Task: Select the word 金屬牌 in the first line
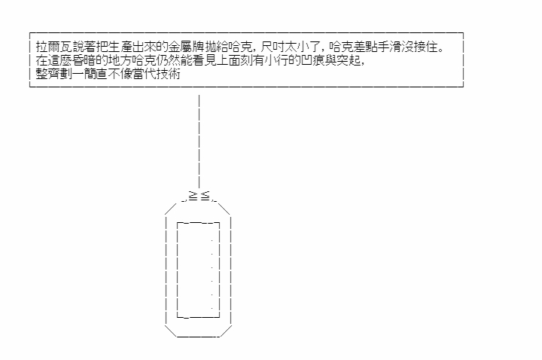[x=187, y=47]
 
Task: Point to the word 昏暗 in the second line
[x=84, y=60]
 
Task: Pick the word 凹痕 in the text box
[x=313, y=60]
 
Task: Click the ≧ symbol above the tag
[x=193, y=197]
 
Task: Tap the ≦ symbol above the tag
[x=205, y=197]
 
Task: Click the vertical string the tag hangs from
[x=199, y=141]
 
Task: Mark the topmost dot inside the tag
[x=212, y=240]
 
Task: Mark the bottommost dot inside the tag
[x=212, y=308]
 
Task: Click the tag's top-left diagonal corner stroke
[x=171, y=209]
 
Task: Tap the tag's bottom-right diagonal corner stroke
[x=226, y=331]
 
